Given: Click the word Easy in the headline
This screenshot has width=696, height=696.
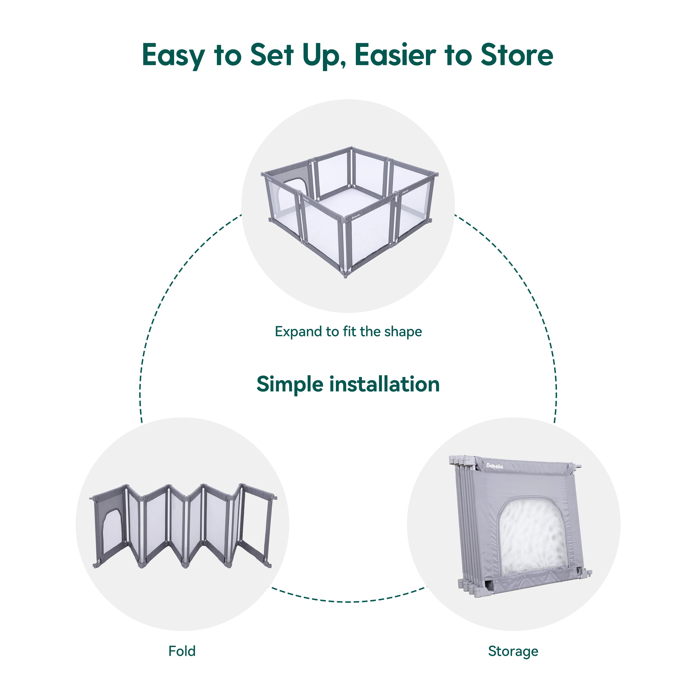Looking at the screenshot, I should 173,55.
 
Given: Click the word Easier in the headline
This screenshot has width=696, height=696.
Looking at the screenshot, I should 395,55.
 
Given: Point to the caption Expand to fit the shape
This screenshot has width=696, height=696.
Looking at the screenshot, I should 348,332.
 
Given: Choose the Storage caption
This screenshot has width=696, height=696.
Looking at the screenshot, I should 513,651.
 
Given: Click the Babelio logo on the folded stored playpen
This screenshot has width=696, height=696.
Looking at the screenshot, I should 495,466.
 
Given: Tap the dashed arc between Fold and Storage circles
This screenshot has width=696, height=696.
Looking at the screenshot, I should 348,601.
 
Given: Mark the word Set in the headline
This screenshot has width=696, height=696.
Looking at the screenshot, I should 272,55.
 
